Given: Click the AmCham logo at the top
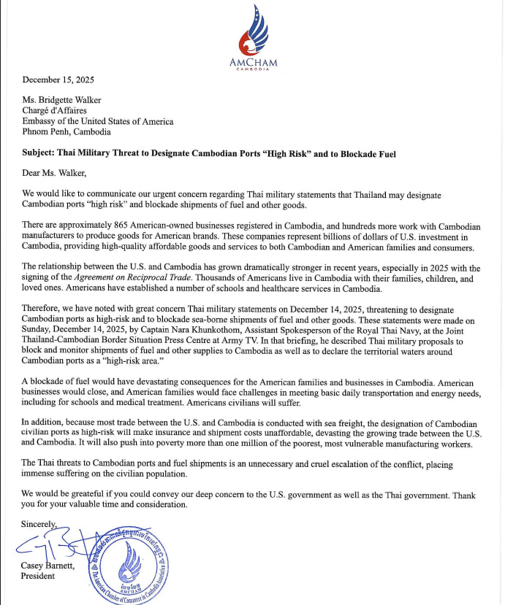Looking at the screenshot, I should click(x=253, y=36).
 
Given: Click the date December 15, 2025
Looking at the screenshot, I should click(x=58, y=80).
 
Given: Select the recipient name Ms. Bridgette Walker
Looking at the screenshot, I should click(x=62, y=100).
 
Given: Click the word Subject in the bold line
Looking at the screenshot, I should click(x=42, y=154).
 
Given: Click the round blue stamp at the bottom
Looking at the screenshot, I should click(x=129, y=567).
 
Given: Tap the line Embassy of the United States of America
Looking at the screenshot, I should click(x=98, y=121).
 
